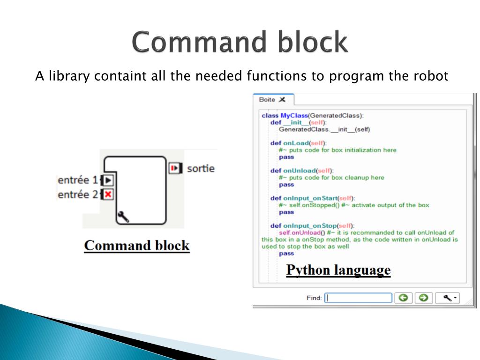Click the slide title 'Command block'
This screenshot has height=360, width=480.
240,42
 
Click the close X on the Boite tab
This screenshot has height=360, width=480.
282,99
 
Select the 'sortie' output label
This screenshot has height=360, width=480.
201,168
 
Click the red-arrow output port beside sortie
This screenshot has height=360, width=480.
174,167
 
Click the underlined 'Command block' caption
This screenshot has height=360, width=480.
136,246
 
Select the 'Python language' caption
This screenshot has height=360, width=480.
338,270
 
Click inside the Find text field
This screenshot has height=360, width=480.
359,298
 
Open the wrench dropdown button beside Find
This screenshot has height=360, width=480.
447,298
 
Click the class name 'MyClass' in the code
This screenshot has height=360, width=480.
293,115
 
